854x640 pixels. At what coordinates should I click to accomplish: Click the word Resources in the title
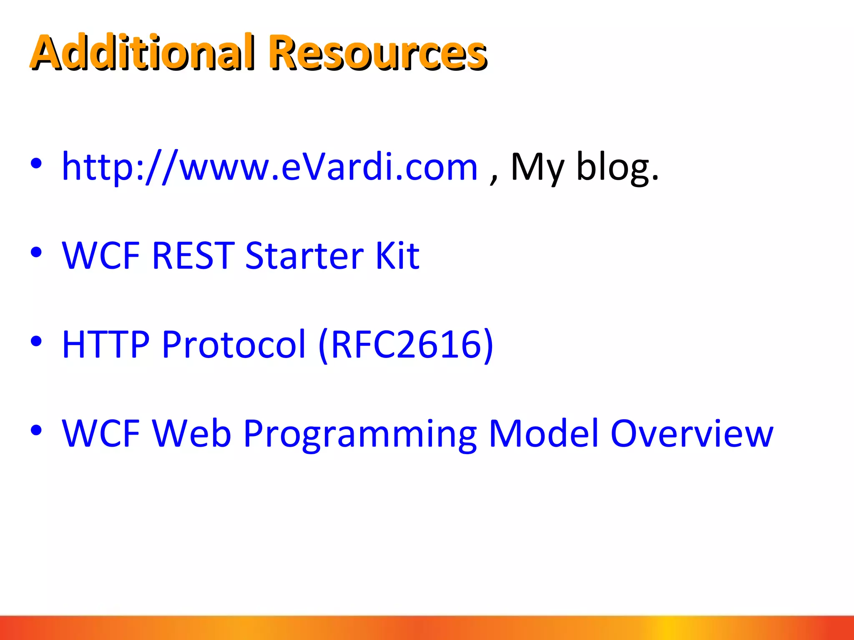377,52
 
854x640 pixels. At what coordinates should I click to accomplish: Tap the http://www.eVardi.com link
269,167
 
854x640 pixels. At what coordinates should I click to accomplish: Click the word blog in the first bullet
617,167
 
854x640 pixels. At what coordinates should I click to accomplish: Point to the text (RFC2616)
406,345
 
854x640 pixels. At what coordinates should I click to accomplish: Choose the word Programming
360,434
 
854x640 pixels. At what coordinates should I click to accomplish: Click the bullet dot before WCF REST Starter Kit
36,252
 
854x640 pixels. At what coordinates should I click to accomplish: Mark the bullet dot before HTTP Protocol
36,341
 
